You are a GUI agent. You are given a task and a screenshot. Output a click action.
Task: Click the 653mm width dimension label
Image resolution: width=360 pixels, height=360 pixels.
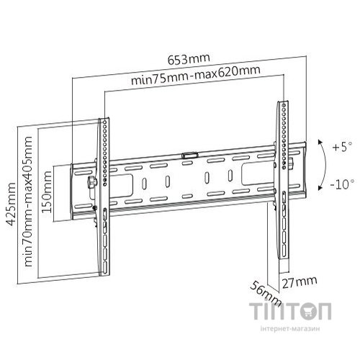[189, 59]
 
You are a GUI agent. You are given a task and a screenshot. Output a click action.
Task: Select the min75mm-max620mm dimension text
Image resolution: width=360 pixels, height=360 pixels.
[196, 75]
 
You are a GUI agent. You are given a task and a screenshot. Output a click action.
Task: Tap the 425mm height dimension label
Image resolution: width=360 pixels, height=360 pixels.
[11, 204]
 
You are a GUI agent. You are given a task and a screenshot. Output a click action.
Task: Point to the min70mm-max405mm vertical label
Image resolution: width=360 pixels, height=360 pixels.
[28, 202]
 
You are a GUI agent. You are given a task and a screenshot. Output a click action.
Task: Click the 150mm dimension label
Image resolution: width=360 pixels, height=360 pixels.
[47, 192]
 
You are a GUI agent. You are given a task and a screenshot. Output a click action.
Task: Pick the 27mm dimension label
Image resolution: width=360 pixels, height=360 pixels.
[300, 282]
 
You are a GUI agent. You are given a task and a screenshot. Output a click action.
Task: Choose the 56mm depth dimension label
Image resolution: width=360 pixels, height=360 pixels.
[266, 294]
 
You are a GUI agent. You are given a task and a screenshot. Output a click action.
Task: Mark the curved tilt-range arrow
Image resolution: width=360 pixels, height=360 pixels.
[325, 165]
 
